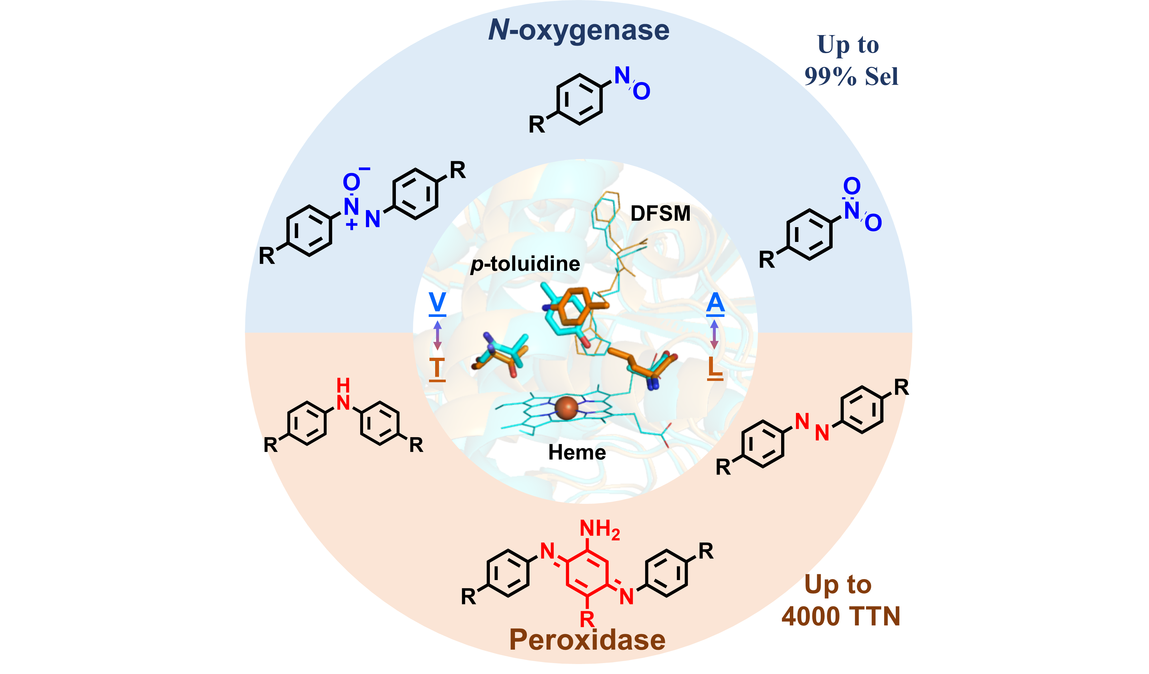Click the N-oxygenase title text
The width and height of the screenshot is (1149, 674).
tap(579, 31)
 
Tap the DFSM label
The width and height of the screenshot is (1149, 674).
tap(660, 213)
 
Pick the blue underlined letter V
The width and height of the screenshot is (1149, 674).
tap(437, 302)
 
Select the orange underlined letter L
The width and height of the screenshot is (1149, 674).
tap(715, 366)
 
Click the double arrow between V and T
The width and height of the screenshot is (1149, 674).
tap(437, 335)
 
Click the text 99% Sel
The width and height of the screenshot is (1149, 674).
tap(851, 76)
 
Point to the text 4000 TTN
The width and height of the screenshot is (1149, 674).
tap(840, 616)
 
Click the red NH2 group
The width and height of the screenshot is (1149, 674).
tap(599, 529)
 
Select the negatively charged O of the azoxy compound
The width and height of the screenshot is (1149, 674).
tap(351, 182)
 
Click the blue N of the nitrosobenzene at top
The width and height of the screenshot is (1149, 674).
tap(622, 75)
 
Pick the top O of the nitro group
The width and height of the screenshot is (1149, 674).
tap(851, 186)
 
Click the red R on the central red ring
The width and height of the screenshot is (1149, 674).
tap(587, 619)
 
